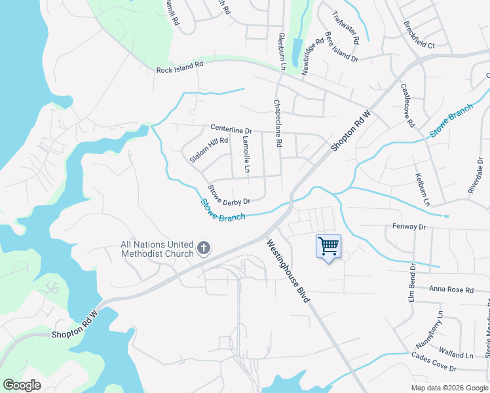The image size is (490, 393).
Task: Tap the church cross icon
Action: coord(204,249)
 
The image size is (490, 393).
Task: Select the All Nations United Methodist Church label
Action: coord(157,249)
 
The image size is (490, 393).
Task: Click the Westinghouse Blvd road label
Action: coord(288,271)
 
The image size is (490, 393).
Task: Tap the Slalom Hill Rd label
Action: coord(208,149)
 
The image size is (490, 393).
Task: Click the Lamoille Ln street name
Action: coord(246,155)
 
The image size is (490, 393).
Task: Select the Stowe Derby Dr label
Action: coord(229,195)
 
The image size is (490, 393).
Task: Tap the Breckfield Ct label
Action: coord(419,37)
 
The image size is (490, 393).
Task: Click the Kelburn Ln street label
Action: coord(422,189)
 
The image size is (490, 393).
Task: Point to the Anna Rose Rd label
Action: coord(451,289)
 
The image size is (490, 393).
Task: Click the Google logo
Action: coord(22,384)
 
